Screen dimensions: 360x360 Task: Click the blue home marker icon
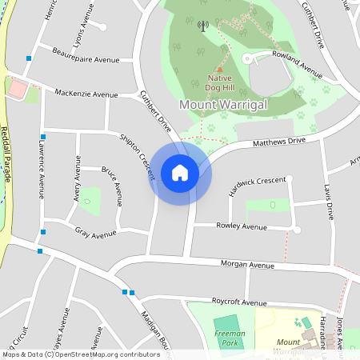pos(180,172)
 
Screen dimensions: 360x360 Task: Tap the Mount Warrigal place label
pos(222,105)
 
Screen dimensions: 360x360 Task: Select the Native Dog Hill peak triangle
pos(219,70)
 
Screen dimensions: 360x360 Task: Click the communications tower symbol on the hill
pos(202,26)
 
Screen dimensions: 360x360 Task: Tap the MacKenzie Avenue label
pos(86,94)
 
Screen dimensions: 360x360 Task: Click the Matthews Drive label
pos(279,142)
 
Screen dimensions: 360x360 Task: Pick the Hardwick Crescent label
pos(257,181)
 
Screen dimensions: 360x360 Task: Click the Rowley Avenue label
pos(242,226)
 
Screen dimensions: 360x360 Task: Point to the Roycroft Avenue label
pos(238,302)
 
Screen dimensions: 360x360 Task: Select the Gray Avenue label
pos(95,234)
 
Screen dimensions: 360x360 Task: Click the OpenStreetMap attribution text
pos(80,354)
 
